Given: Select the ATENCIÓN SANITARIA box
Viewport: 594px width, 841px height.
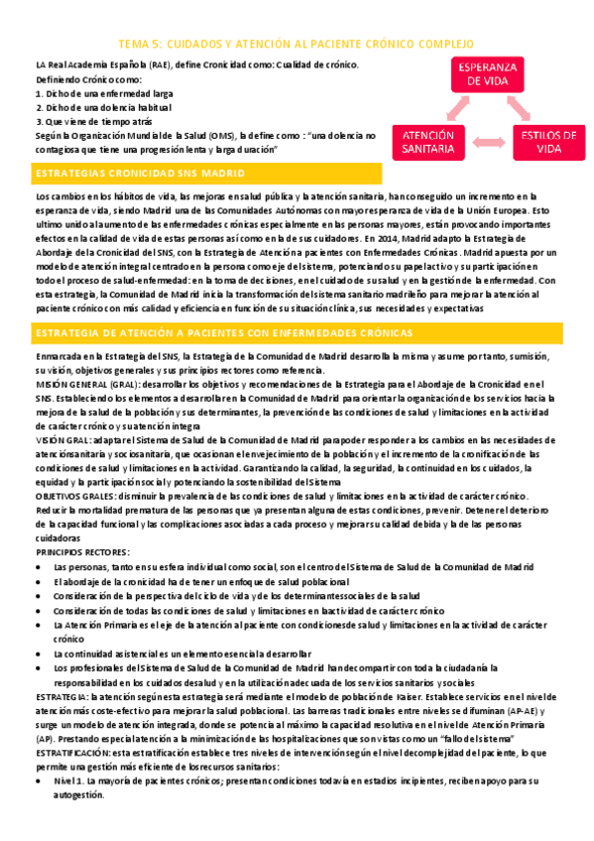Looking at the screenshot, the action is pyautogui.click(x=428, y=142).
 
